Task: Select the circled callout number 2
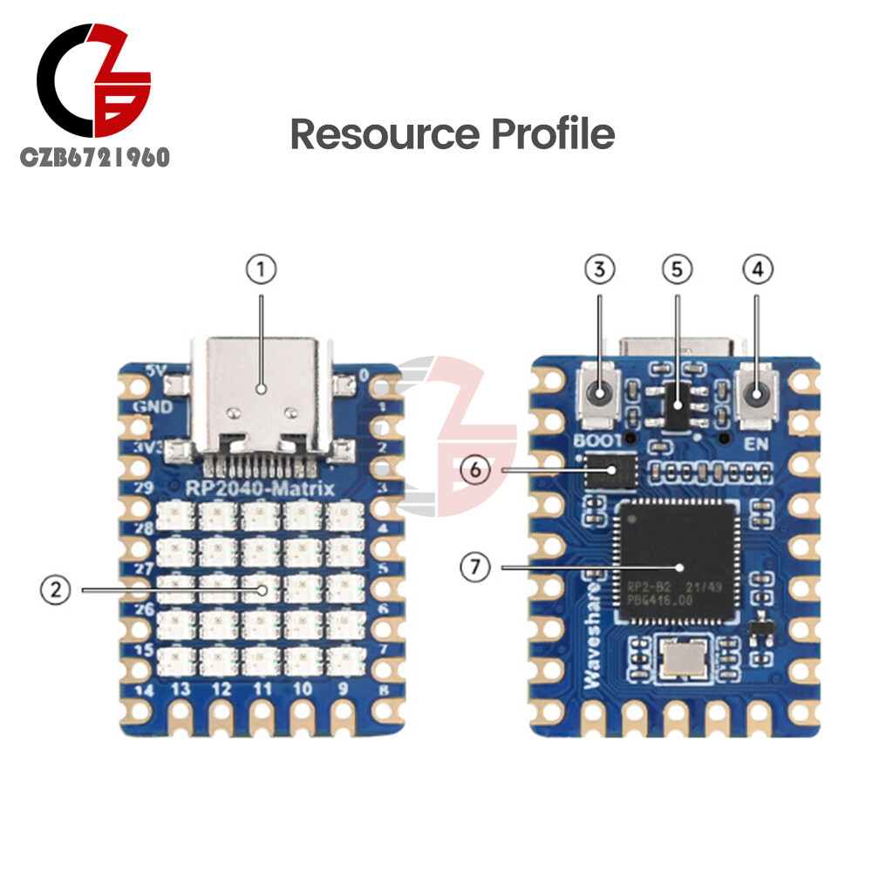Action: click(x=55, y=590)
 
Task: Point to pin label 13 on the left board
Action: click(x=181, y=689)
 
